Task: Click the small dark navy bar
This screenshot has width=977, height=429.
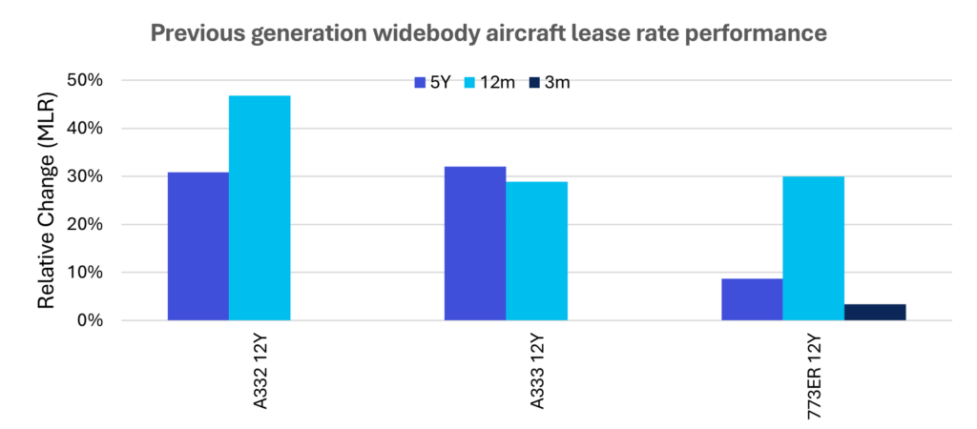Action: (876, 312)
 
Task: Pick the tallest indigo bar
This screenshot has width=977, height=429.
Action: (475, 243)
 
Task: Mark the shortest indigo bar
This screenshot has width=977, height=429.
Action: (752, 298)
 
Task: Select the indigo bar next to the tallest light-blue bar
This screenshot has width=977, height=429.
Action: (197, 246)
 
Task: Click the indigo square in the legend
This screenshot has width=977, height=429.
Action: (420, 83)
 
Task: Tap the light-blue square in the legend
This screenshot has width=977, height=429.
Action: (469, 83)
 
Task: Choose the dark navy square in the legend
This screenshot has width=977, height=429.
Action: (534, 83)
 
